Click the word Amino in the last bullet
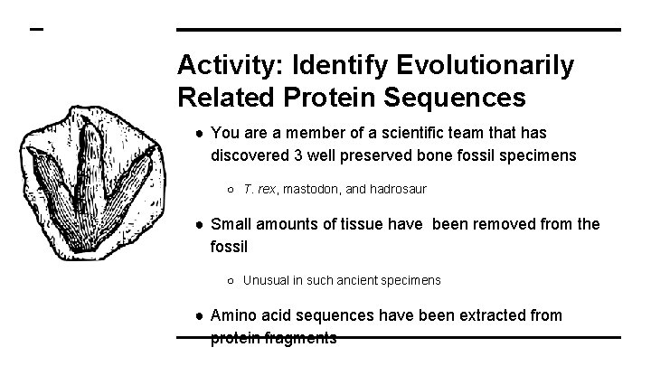tap(231, 315)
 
